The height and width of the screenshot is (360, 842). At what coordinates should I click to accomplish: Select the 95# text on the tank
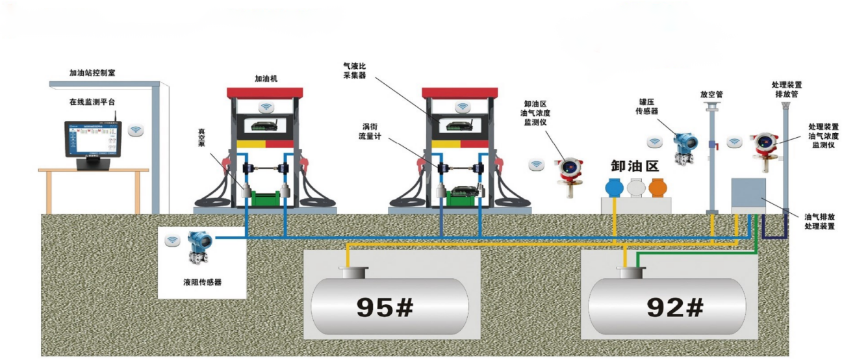385,307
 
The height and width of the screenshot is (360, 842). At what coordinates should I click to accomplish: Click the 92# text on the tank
675,307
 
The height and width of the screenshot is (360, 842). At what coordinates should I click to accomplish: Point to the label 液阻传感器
203,282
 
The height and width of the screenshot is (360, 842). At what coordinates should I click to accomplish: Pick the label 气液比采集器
355,71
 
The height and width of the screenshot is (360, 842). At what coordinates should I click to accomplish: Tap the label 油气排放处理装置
818,222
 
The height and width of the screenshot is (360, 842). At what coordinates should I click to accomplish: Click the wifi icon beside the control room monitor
136,130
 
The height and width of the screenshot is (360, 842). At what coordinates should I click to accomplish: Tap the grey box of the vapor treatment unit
750,192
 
